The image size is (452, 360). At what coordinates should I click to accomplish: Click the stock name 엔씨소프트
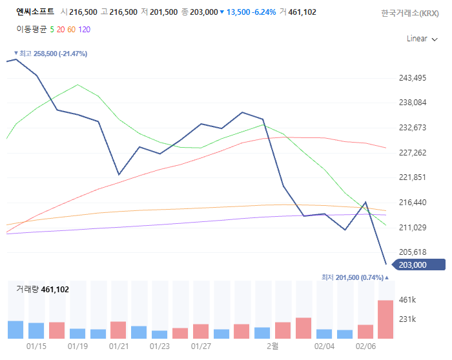point(35,12)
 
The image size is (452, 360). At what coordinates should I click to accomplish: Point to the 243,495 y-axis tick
point(414,78)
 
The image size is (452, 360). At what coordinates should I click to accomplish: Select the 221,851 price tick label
point(414,177)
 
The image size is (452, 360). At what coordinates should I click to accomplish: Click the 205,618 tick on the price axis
point(414,252)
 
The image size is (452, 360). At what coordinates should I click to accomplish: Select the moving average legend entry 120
point(85,29)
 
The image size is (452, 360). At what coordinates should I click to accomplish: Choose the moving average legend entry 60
point(71,29)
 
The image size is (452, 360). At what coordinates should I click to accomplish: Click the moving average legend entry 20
point(61,29)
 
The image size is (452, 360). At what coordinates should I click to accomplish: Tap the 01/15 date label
point(36,346)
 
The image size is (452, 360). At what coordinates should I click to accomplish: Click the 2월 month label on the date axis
point(273,346)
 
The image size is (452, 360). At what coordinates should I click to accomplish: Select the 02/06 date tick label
point(365,346)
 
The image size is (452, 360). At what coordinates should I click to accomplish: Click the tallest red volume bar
point(385,319)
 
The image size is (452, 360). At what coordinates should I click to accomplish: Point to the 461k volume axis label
point(409,300)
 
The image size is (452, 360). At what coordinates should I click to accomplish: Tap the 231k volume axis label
point(409,319)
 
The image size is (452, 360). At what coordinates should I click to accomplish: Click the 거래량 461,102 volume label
point(43,290)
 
